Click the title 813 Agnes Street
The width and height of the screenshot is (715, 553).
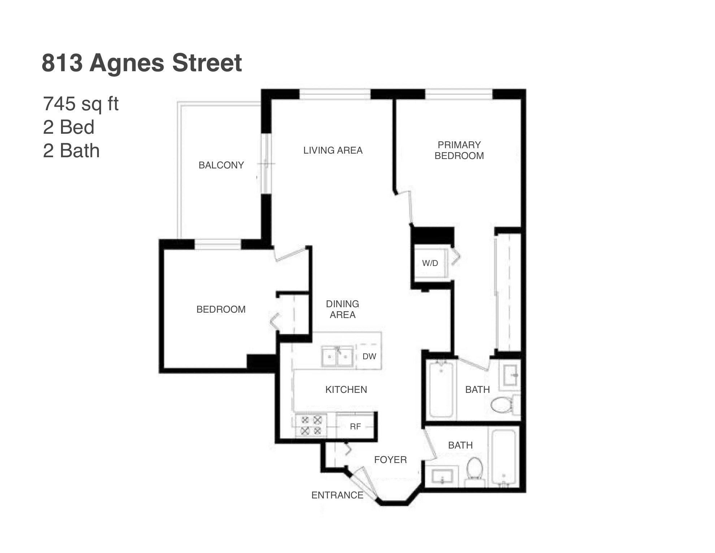coord(142,63)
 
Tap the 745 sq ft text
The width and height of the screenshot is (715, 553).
coord(81,104)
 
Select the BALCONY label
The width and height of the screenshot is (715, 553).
coord(221,165)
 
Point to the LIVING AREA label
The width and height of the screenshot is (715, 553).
coord(333,150)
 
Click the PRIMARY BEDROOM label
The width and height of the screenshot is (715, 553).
coord(459,150)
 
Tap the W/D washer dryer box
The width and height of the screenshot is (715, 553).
coord(430,263)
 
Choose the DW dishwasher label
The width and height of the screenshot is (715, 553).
coord(369,356)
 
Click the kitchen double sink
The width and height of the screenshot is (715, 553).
coord(337,356)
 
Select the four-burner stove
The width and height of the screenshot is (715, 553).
coord(311,425)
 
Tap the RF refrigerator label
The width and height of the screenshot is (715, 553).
coord(355,426)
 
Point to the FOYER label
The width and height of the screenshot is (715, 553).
coord(390,460)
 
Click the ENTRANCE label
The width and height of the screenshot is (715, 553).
coord(337,495)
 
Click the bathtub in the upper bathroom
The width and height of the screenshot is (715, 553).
coord(441,389)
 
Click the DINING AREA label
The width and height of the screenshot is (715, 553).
coord(342,309)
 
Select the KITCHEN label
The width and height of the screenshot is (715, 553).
coord(346,390)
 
